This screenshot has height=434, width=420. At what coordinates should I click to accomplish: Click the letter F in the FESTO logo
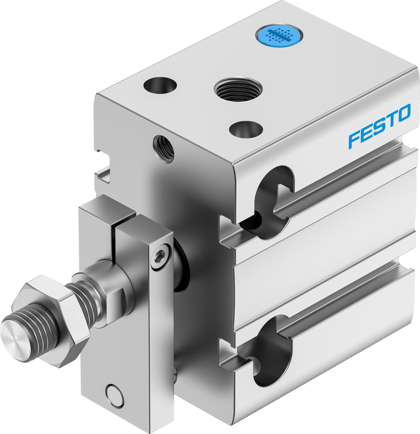(x=355, y=140)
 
